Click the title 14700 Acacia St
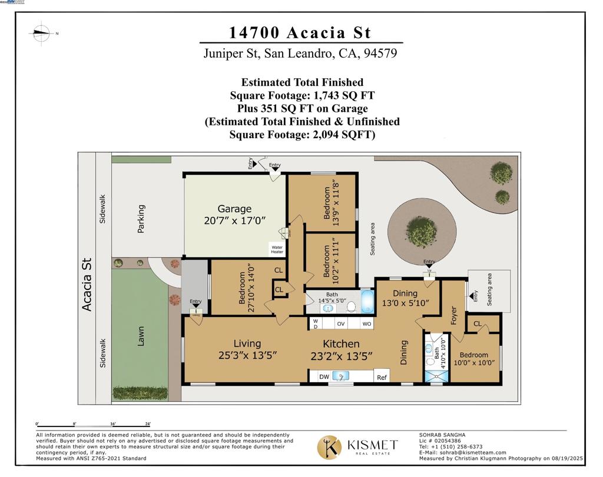click(301, 32)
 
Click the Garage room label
click(234, 209)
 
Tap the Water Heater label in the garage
click(277, 249)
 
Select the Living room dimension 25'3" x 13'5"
click(247, 355)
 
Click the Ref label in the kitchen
click(382, 378)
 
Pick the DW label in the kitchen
click(324, 377)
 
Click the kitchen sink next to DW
click(341, 376)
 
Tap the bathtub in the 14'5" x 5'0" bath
click(367, 302)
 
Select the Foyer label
click(453, 315)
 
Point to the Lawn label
click(141, 336)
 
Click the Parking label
click(141, 219)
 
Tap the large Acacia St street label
click(87, 284)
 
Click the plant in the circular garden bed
click(421, 231)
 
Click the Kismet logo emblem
click(329, 447)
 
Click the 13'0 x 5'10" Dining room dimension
click(407, 303)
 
